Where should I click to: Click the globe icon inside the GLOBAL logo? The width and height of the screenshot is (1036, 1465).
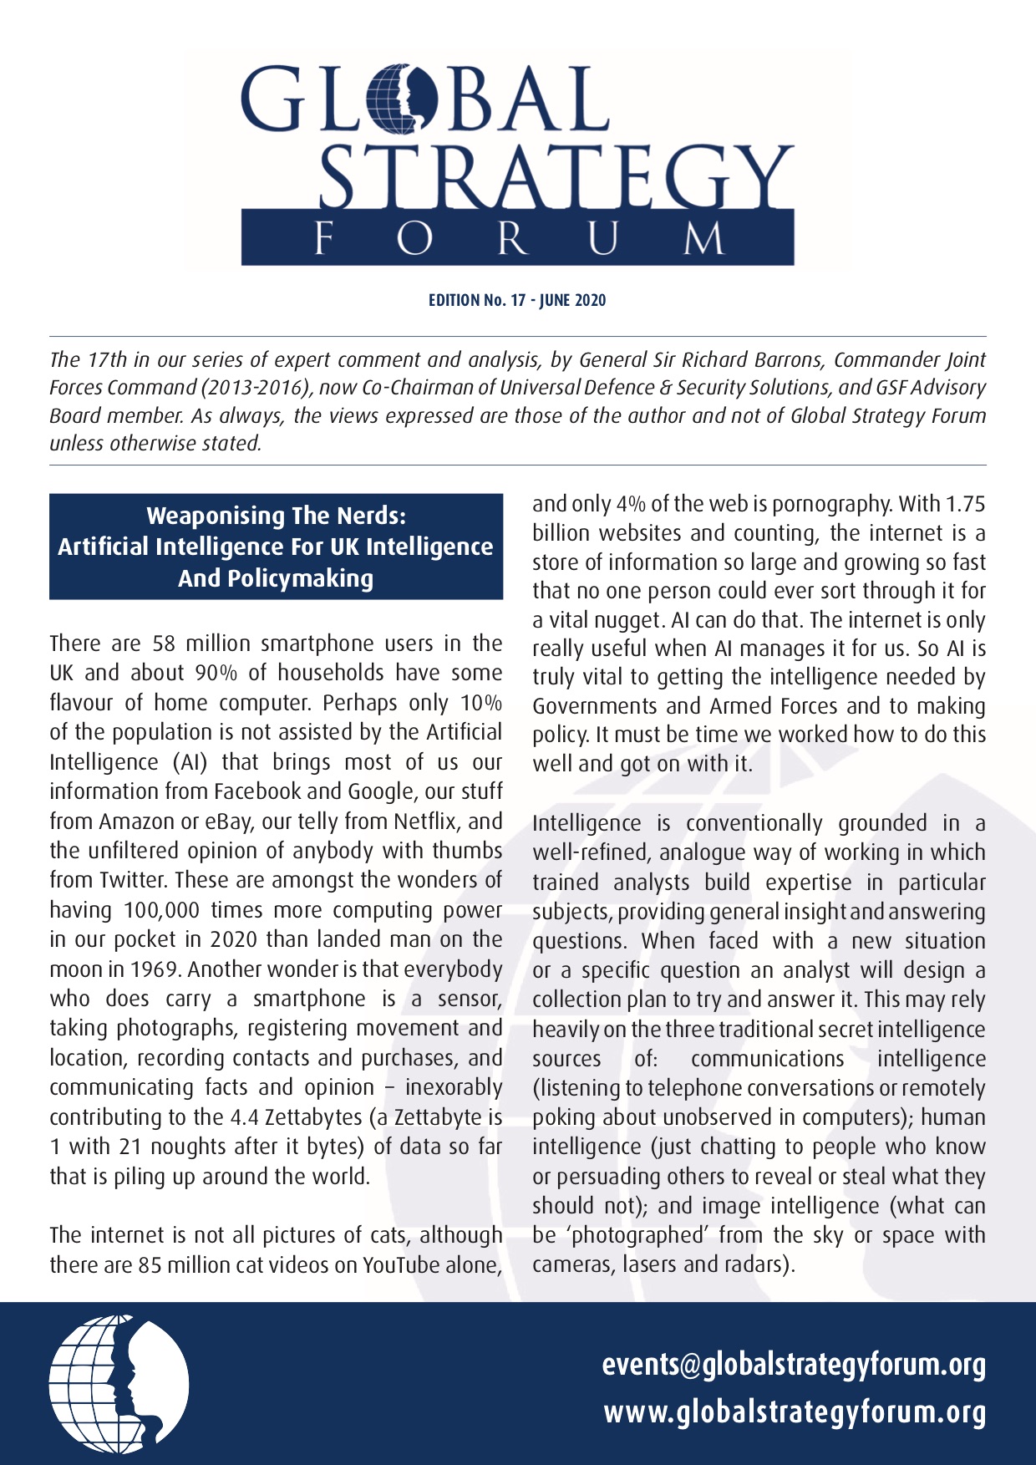[402, 99]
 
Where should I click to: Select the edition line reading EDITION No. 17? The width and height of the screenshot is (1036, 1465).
[517, 300]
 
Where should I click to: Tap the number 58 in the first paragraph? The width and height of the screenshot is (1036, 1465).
[164, 643]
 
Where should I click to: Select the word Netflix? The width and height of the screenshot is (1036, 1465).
[425, 821]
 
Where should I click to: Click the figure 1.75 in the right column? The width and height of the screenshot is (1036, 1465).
[964, 504]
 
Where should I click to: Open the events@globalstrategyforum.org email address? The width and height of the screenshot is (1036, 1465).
[794, 1365]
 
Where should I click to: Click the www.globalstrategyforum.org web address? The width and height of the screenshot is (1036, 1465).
[795, 1412]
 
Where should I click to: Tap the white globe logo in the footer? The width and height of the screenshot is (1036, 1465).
[119, 1383]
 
